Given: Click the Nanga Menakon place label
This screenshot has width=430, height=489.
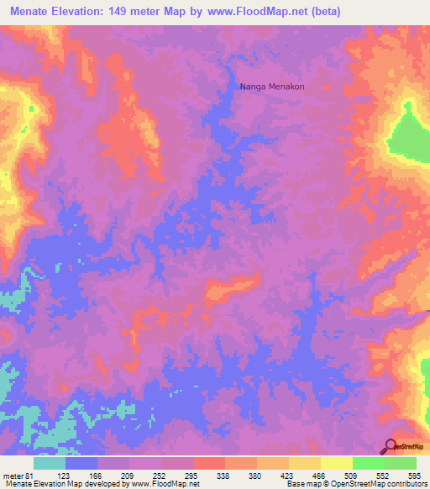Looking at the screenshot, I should [272, 87].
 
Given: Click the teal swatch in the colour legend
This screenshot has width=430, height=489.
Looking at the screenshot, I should [49, 463].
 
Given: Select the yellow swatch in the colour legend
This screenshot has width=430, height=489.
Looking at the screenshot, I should [336, 463].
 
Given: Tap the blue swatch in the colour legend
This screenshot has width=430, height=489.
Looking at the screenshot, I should [81, 463].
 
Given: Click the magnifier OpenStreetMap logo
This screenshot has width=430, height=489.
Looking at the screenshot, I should [391, 446].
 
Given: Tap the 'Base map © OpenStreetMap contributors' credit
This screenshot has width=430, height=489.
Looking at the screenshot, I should [354, 484].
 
